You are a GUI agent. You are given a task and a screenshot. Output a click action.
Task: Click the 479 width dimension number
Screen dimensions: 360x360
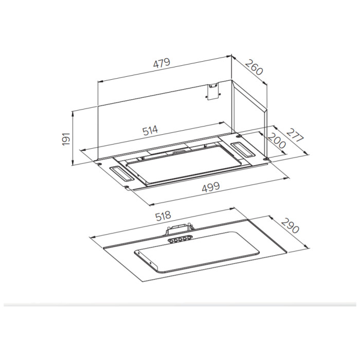coord(161,63)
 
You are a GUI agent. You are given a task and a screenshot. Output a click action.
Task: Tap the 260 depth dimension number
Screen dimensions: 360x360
coord(254,67)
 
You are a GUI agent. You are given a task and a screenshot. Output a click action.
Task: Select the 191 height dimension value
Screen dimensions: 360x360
coord(66,138)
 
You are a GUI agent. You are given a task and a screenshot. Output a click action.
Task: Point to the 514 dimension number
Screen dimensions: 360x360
coord(150,130)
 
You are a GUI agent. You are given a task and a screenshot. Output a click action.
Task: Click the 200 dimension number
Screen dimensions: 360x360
coord(277,140)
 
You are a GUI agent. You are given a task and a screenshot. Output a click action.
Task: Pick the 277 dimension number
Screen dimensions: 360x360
coord(295,135)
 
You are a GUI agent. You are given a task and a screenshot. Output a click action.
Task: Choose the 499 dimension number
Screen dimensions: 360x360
coord(211,187)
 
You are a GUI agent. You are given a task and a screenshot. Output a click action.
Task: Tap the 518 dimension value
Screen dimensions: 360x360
coord(163,216)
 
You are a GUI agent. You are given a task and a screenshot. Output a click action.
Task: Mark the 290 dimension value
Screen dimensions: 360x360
coord(290,226)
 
